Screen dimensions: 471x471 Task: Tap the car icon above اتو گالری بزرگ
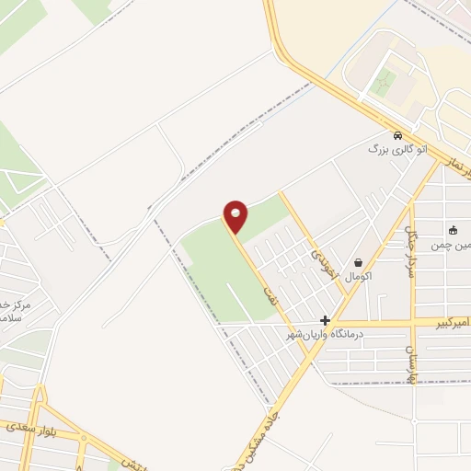click(x=397, y=133)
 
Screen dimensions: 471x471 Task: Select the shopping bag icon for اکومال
click(x=357, y=262)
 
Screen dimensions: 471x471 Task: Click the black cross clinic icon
click(x=325, y=320)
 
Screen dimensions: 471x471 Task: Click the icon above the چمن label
click(x=454, y=230)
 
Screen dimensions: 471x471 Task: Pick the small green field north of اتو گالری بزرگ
click(x=386, y=80)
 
